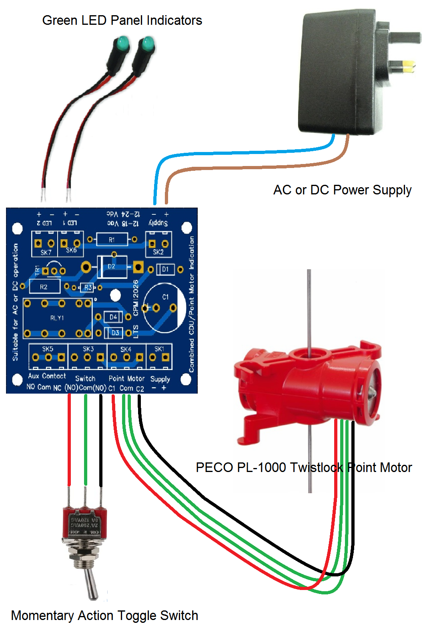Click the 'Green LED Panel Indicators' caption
pyautogui.click(x=122, y=20)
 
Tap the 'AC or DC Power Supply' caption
pyautogui.click(x=342, y=190)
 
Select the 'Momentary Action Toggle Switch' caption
pyautogui.click(x=104, y=615)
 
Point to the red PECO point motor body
pyautogui.click(x=308, y=384)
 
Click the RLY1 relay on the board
pyautogui.click(x=57, y=318)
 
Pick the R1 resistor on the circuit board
pyautogui.click(x=112, y=240)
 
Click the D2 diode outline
pyautogui.click(x=112, y=266)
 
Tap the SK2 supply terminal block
pyautogui.click(x=158, y=244)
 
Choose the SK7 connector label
pyautogui.click(x=46, y=252)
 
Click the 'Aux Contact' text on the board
pyautogui.click(x=47, y=376)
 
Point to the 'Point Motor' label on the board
pyautogui.click(x=126, y=378)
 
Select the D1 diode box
pyautogui.click(x=165, y=269)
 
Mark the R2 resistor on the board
pyautogui.click(x=44, y=287)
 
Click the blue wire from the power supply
pyautogui.click(x=240, y=153)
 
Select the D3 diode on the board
pyautogui.click(x=115, y=333)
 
